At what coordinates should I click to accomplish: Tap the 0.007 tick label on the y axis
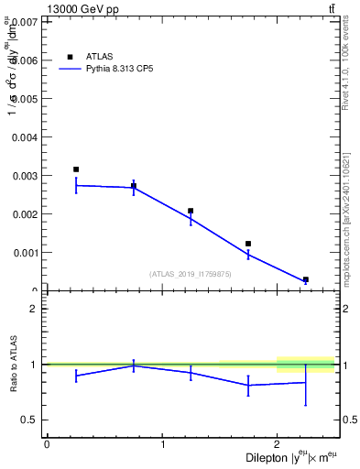(x=27, y=22)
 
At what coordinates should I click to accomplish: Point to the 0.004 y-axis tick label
(x=27, y=137)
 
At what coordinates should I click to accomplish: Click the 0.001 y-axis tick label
(x=27, y=253)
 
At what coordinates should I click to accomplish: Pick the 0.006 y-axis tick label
(x=27, y=60)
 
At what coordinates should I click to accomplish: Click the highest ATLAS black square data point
(x=76, y=169)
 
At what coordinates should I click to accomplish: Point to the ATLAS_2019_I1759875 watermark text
(x=191, y=273)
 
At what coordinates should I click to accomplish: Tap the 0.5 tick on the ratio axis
(x=30, y=420)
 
